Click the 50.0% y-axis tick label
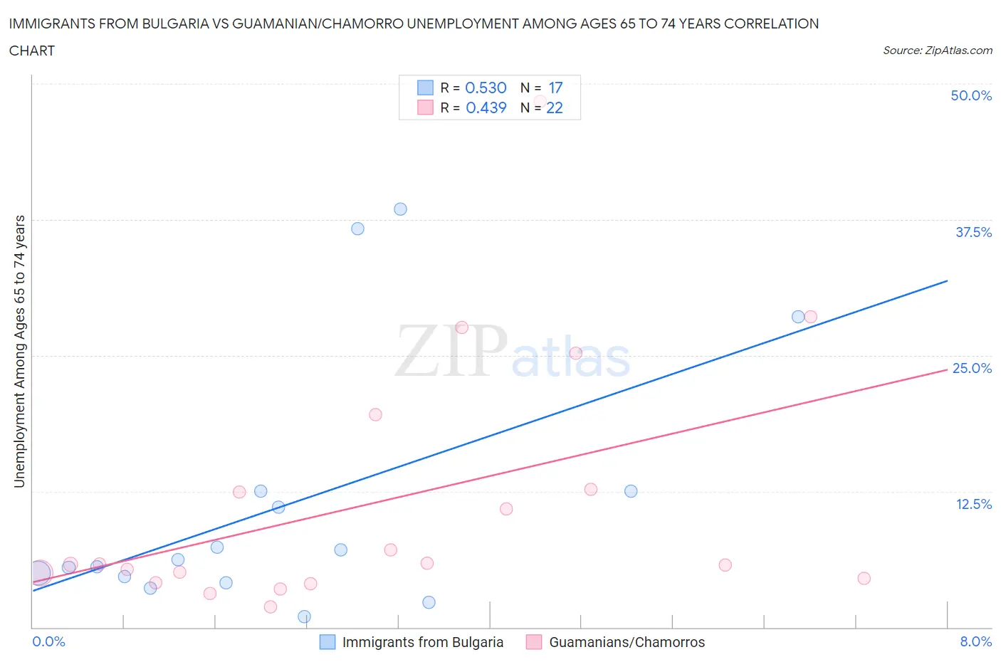971,95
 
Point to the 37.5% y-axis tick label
973,232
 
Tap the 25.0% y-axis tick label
972,368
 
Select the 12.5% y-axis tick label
973,504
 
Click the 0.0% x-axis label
48,641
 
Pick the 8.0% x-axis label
975,641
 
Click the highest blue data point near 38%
400,209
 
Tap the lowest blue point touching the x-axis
304,616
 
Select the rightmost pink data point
864,578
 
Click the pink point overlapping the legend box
540,102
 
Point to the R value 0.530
486,88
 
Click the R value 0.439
486,107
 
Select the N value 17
555,88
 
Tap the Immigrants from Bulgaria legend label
422,642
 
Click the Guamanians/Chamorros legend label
627,642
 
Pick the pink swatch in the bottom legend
534,642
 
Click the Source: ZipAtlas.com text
937,50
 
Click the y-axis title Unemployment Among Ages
19,351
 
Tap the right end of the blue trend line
947,281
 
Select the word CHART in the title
32,51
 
